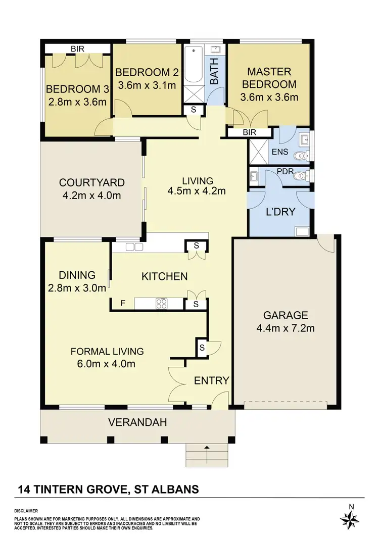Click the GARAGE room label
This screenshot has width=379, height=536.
[286, 316]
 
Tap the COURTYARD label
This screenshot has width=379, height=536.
[91, 182]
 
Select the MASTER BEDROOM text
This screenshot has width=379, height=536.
[268, 78]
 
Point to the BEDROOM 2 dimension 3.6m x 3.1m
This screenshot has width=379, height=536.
[147, 85]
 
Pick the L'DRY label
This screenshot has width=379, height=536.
[280, 212]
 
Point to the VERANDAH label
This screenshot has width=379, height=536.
[137, 422]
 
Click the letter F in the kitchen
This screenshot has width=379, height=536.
[122, 304]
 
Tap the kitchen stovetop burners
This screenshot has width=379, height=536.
[162, 304]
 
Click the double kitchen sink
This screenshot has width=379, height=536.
[134, 247]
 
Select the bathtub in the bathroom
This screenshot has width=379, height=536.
[193, 66]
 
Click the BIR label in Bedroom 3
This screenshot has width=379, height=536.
[77, 48]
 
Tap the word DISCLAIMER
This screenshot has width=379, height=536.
[26, 511]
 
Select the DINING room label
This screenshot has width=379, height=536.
[77, 275]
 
